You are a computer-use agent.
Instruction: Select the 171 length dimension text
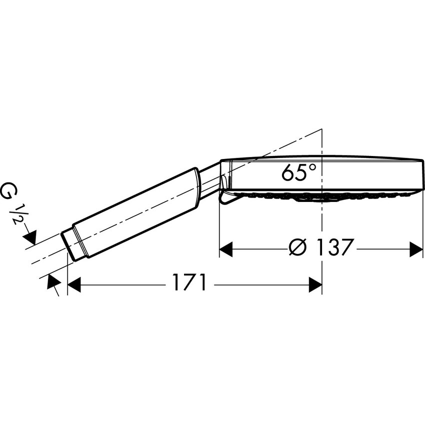pyautogui.click(x=189, y=282)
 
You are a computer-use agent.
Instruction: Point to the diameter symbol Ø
pyautogui.click(x=297, y=247)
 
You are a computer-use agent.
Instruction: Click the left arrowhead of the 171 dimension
pyautogui.click(x=74, y=284)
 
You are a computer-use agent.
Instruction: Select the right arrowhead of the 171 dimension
pyautogui.click(x=315, y=284)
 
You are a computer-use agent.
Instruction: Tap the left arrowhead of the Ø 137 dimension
pyautogui.click(x=226, y=249)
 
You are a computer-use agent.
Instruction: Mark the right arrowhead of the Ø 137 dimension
pyautogui.click(x=416, y=249)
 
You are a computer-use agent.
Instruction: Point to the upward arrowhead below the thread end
pyautogui.click(x=53, y=281)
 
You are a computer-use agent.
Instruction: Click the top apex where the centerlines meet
pyautogui.click(x=321, y=129)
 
